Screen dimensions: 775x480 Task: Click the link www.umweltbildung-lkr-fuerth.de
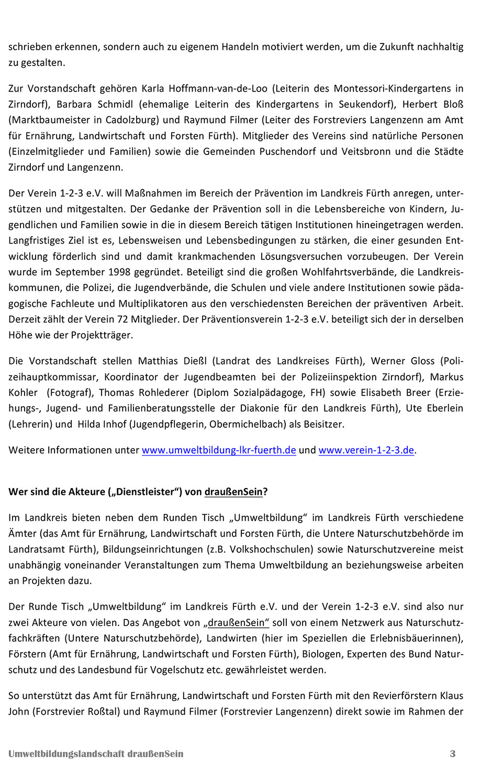[219, 450]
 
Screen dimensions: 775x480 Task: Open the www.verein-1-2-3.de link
[366, 450]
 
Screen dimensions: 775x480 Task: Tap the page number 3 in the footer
[453, 754]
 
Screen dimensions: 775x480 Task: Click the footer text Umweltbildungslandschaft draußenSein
[96, 754]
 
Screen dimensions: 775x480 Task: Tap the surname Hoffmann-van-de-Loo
[223, 88]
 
